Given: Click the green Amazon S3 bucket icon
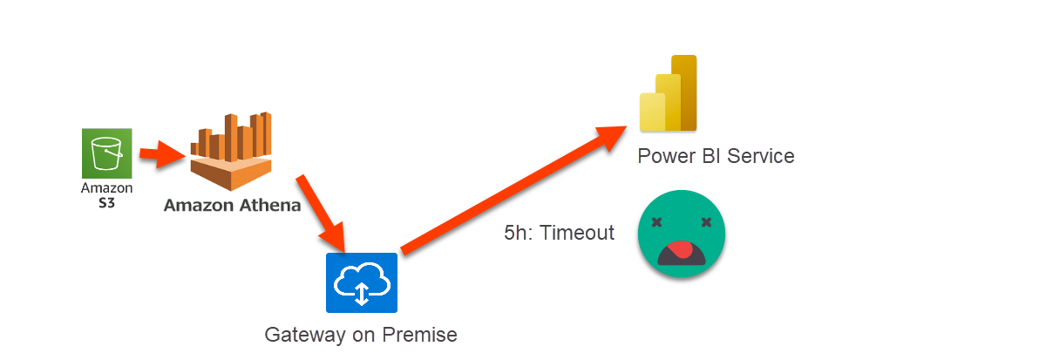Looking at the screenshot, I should [107, 153].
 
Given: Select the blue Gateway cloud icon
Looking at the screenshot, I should [362, 282].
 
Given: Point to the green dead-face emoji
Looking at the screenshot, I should [682, 234].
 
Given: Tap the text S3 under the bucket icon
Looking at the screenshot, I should [106, 201].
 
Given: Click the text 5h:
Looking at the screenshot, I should [520, 234].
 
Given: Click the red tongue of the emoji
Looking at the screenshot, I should [683, 252].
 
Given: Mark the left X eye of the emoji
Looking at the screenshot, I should [658, 221].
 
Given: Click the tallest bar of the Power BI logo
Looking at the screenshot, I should [684, 92].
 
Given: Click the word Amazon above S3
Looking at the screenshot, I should [106, 187].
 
